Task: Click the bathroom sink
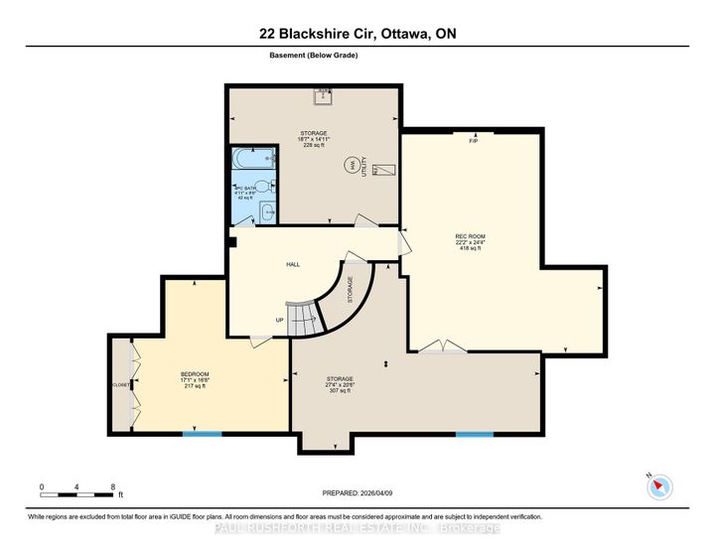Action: (x=266, y=210)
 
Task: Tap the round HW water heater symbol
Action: (x=350, y=166)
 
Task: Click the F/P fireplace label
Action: (x=474, y=140)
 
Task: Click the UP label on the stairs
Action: (x=280, y=320)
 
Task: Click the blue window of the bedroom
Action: (x=202, y=433)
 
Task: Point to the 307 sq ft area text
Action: (x=341, y=391)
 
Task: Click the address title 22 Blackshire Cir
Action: (x=357, y=35)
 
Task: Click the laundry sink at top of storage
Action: (x=323, y=96)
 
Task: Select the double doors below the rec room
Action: (x=442, y=346)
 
